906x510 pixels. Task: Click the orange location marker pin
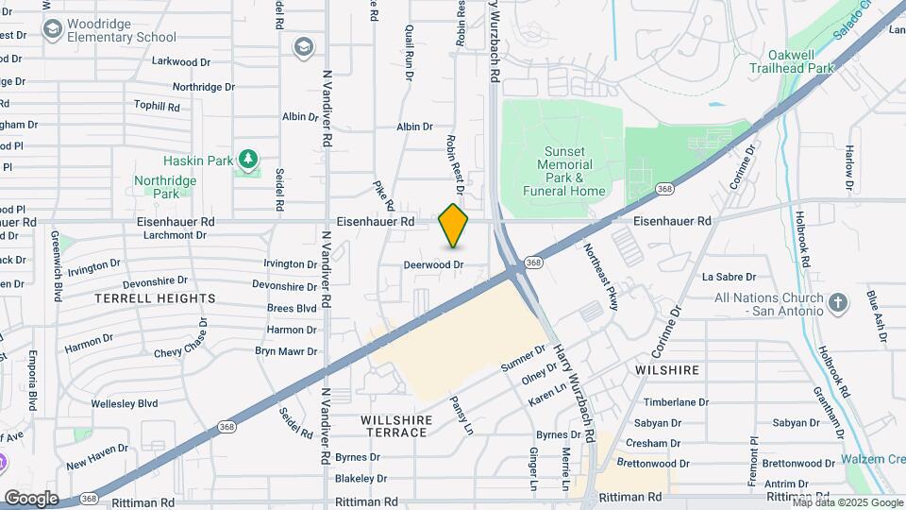coord(453,226)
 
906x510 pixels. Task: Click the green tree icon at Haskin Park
coord(248,160)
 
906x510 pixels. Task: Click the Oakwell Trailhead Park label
coord(792,61)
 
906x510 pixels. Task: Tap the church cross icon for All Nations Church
coord(836,302)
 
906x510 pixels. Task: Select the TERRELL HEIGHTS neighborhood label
coord(155,298)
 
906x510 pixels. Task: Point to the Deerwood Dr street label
coord(434,265)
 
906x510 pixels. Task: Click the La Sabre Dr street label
coord(729,278)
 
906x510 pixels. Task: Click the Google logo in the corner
coord(31,498)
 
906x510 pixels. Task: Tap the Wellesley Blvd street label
coord(124,403)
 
